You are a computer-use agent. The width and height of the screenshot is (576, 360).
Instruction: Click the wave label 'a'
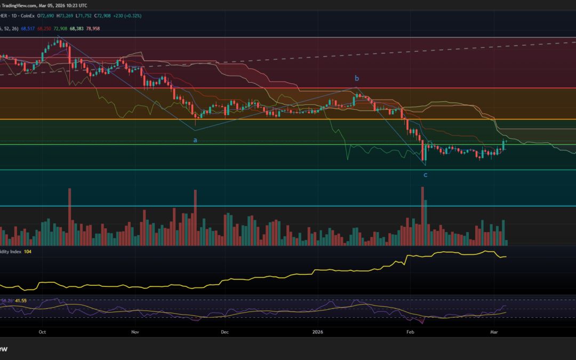click(195, 140)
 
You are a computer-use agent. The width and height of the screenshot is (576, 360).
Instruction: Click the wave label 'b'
click(357, 78)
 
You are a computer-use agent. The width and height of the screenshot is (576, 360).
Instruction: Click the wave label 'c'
click(425, 174)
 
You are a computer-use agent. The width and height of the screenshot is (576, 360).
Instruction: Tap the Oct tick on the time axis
click(42, 331)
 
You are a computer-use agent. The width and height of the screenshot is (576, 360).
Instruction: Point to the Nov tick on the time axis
click(134, 331)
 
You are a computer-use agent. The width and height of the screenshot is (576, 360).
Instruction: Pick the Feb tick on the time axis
click(410, 331)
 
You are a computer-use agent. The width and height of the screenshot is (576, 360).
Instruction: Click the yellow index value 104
click(28, 251)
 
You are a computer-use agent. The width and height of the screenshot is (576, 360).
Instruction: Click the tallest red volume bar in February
click(423, 215)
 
